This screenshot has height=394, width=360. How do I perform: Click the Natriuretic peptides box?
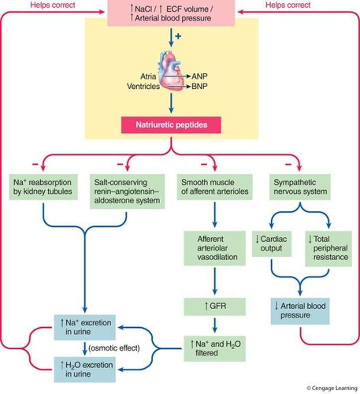tap(171, 125)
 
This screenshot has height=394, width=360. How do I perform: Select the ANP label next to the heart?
tap(199, 77)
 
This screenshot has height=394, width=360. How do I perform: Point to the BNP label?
tap(199, 87)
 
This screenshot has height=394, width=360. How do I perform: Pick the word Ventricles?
tap(143, 86)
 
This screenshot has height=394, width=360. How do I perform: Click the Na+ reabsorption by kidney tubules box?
tap(42, 187)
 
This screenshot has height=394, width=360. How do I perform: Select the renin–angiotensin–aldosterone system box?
tap(127, 191)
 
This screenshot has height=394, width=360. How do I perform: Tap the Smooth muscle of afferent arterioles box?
tap(215, 187)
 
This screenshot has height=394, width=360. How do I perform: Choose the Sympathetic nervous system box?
tap(300, 187)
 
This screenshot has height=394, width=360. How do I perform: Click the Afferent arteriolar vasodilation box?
tap(214, 248)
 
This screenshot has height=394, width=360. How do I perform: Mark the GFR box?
tap(214, 306)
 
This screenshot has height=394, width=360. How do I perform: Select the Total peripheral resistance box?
tap(328, 248)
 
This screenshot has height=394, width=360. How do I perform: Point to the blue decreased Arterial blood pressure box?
tap(300, 311)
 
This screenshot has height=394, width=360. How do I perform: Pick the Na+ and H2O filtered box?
tap(214, 348)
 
